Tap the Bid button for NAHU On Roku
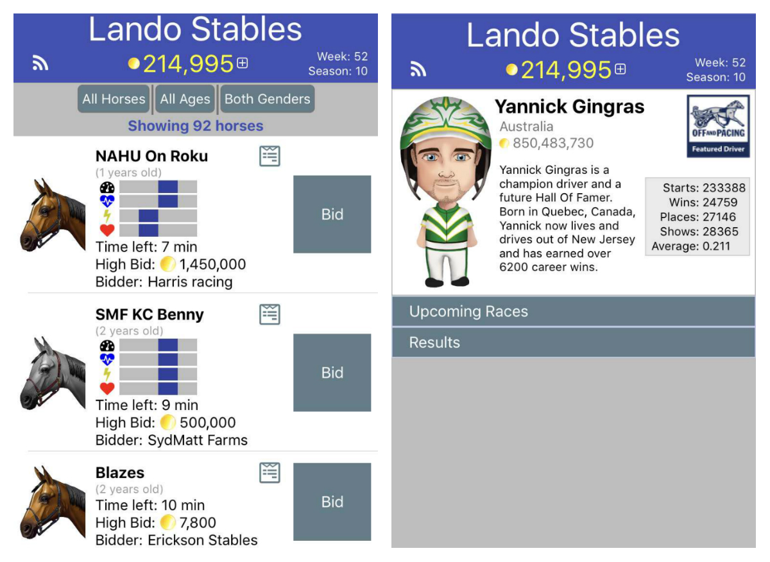pos(332,214)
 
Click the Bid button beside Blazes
pos(332,502)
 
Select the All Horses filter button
pos(114,99)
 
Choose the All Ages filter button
pos(185,99)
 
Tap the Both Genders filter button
pos(268,99)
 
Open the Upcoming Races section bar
pos(574,311)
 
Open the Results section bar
pos(574,343)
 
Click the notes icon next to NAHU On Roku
pos(270,156)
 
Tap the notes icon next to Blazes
pos(270,473)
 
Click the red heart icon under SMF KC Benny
pos(107,388)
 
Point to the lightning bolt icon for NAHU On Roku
pos(107,216)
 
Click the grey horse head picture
pos(52,373)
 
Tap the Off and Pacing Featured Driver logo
pos(718,126)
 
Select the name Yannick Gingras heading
pos(570,106)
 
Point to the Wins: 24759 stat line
pos(703,203)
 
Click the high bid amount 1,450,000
pos(212,264)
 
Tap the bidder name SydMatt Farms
pos(198,440)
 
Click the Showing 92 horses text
pos(196,126)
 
